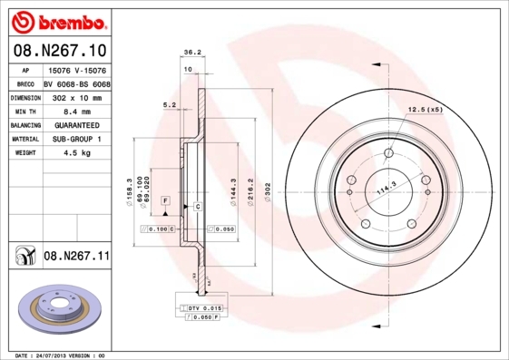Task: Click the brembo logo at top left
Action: (x=58, y=20)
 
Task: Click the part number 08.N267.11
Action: (x=76, y=257)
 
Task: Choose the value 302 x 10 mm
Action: (x=74, y=95)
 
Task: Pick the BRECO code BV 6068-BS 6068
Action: (x=76, y=82)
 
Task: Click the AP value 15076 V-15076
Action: (x=76, y=68)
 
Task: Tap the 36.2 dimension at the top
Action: (x=191, y=53)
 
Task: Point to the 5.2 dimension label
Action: (x=169, y=105)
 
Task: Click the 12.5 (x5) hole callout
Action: (x=425, y=110)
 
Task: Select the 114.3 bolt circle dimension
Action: (x=388, y=189)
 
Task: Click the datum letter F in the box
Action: (x=166, y=199)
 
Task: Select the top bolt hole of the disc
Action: (x=388, y=151)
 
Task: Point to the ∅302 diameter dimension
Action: (x=268, y=191)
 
